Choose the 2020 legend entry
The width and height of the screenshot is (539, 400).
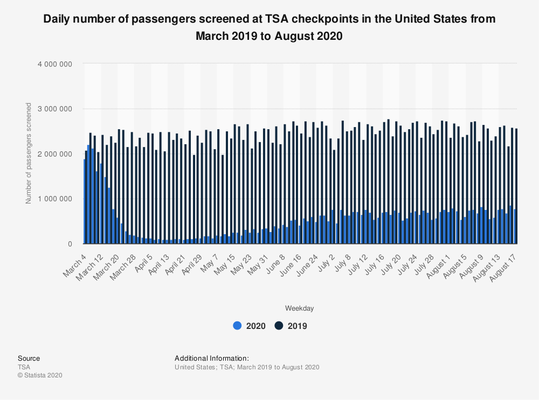pyautogui.click(x=249, y=326)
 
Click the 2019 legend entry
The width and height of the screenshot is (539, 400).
pyautogui.click(x=291, y=326)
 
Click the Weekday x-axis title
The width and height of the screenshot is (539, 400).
pyautogui.click(x=299, y=308)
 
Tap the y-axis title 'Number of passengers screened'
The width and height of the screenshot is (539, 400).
pyautogui.click(x=29, y=153)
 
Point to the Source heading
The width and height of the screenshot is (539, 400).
pyautogui.click(x=29, y=359)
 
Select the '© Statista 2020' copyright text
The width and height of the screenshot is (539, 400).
pyautogui.click(x=40, y=375)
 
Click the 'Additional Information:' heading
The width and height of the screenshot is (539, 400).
pyautogui.click(x=211, y=359)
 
